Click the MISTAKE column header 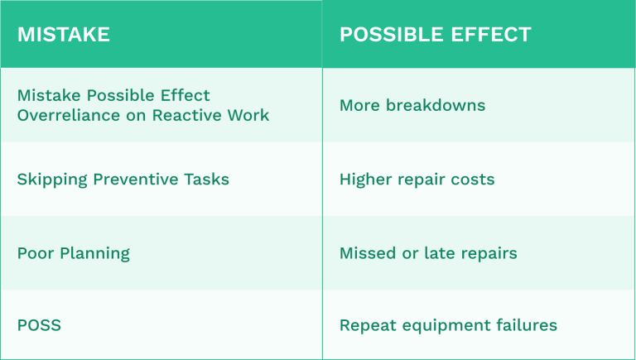click(x=64, y=35)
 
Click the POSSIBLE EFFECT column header click(x=435, y=35)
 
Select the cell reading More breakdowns click(x=412, y=106)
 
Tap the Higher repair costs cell click(x=417, y=180)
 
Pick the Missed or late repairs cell click(x=428, y=253)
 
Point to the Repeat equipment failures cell click(x=448, y=325)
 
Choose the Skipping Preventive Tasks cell click(x=123, y=180)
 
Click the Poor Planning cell click(x=74, y=253)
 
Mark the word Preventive click(x=134, y=180)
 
